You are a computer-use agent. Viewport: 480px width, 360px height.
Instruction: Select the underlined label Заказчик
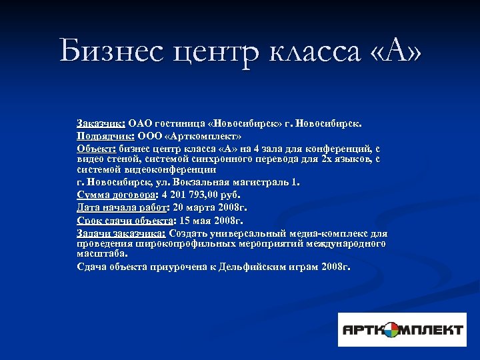[x=101, y=123]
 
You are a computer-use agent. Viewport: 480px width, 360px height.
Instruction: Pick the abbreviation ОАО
[x=141, y=123]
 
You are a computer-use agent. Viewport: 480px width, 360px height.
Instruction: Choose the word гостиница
[x=180, y=123]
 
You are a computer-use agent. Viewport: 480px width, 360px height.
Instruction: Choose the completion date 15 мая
[x=199, y=220]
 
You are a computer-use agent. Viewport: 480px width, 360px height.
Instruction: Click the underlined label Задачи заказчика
[x=121, y=233]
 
